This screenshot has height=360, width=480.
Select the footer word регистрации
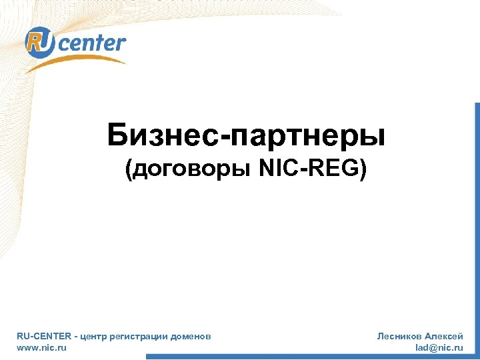click(x=141, y=337)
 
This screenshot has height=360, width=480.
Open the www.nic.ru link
click(x=41, y=347)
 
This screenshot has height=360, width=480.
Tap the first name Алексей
click(x=444, y=337)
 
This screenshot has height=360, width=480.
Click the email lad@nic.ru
click(x=439, y=347)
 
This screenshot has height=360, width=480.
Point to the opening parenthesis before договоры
click(x=129, y=171)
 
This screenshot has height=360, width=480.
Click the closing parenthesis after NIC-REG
click(x=363, y=171)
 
